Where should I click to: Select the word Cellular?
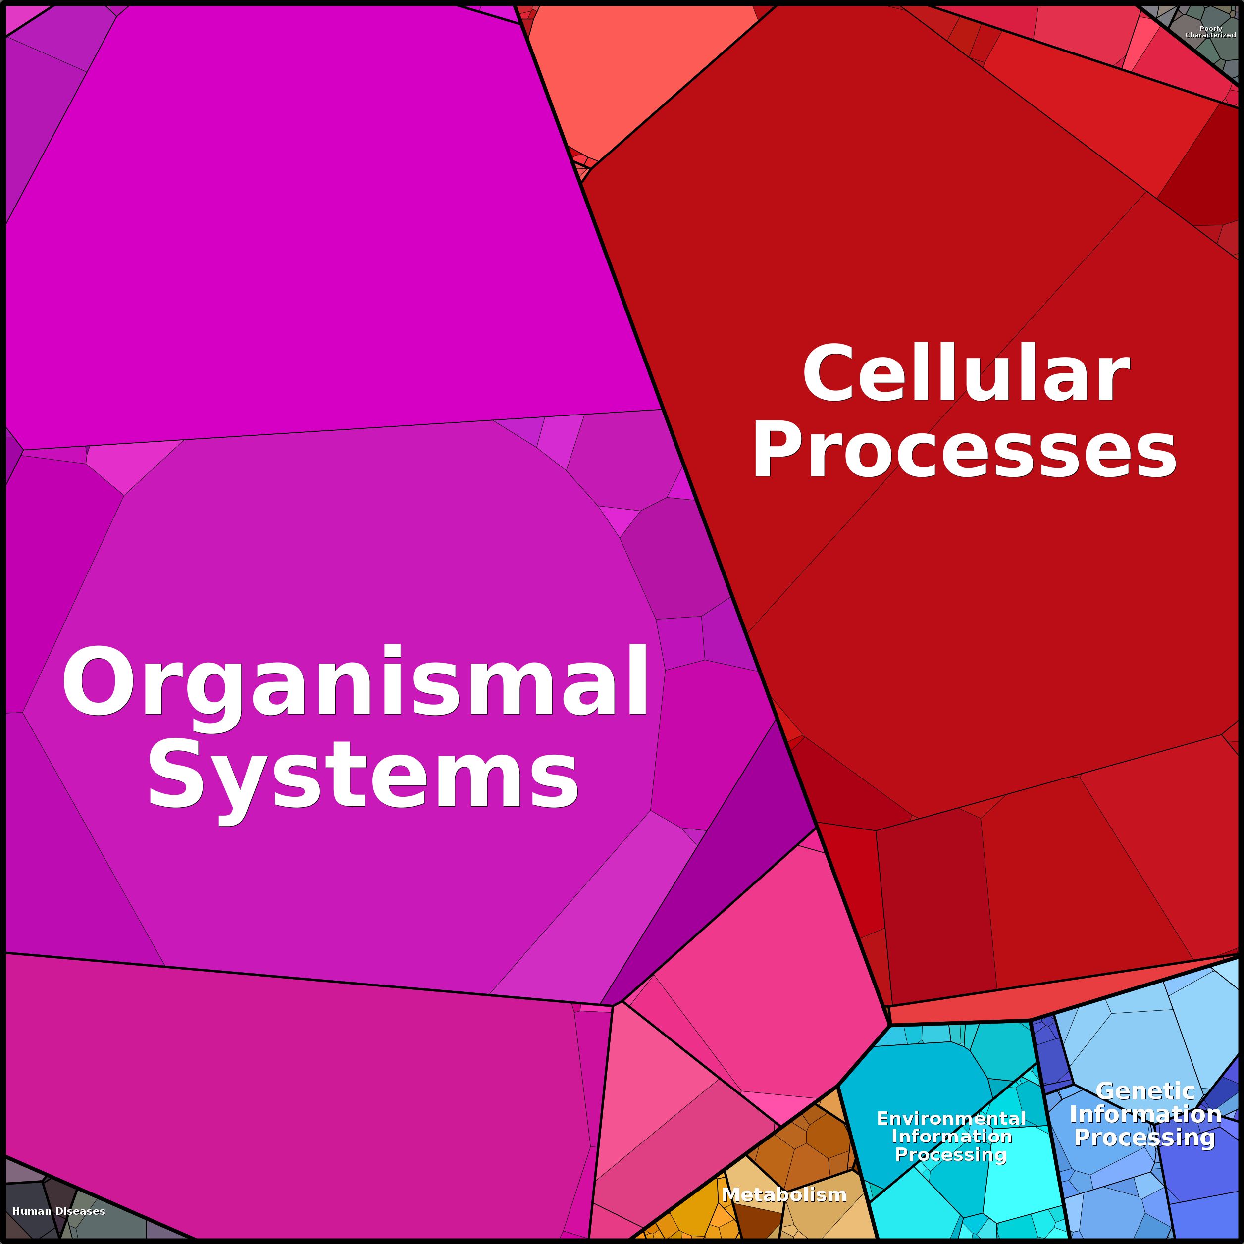966,374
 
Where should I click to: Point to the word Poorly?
1210,28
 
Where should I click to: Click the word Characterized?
1210,35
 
